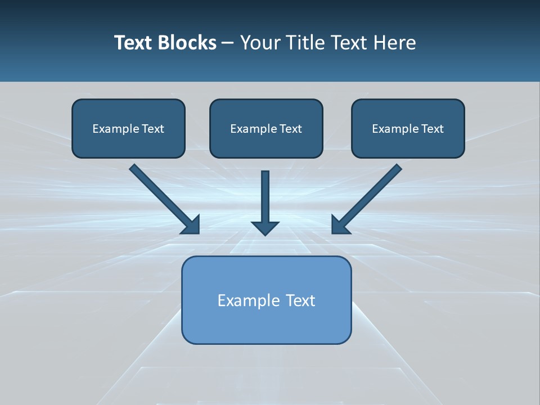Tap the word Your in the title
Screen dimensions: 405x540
259,43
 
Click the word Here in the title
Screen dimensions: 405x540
396,43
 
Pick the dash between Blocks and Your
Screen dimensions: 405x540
228,43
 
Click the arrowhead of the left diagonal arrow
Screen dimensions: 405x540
191,225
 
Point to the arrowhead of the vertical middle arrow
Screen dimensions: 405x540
265,228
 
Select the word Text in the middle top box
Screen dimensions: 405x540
290,129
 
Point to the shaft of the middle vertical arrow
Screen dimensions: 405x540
265,194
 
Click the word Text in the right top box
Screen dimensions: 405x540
432,129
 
